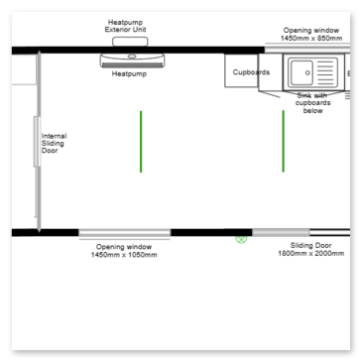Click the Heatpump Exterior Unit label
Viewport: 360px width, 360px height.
tap(125, 26)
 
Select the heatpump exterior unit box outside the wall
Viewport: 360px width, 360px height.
tap(130, 42)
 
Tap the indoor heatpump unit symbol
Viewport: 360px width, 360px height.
tap(132, 60)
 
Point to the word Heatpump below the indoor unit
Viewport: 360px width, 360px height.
tap(129, 73)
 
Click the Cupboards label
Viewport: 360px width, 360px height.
tap(251, 72)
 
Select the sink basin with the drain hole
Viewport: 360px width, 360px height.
tap(300, 72)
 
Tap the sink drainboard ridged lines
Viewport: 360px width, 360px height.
tap(325, 72)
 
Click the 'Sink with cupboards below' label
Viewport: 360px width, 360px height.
tap(312, 103)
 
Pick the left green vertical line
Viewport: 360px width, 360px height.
tap(141, 142)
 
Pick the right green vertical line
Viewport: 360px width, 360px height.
tap(283, 141)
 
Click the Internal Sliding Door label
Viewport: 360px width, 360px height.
tap(54, 143)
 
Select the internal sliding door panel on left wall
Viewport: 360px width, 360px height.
tap(37, 142)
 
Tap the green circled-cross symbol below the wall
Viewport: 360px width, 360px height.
tap(241, 239)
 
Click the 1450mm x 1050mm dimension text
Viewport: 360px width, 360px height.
tap(124, 255)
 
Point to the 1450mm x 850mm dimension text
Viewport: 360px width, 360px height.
tap(311, 38)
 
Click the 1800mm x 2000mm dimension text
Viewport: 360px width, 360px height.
tap(310, 254)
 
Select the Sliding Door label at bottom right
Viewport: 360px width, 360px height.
tap(310, 246)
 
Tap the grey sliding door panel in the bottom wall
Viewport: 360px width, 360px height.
tap(281, 232)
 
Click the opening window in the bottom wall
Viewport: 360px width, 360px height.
tap(125, 233)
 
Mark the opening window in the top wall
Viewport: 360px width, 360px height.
tap(307, 50)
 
